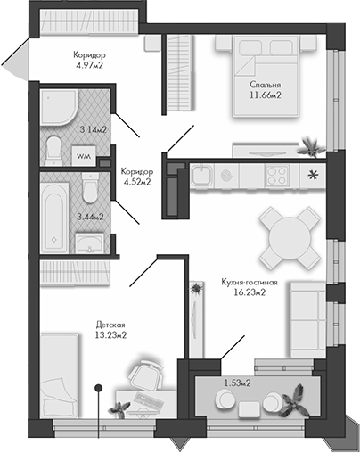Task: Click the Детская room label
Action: point(111,325)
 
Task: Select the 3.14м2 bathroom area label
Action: point(93,130)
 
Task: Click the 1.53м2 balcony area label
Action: point(236,383)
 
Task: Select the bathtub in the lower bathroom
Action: point(55,215)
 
